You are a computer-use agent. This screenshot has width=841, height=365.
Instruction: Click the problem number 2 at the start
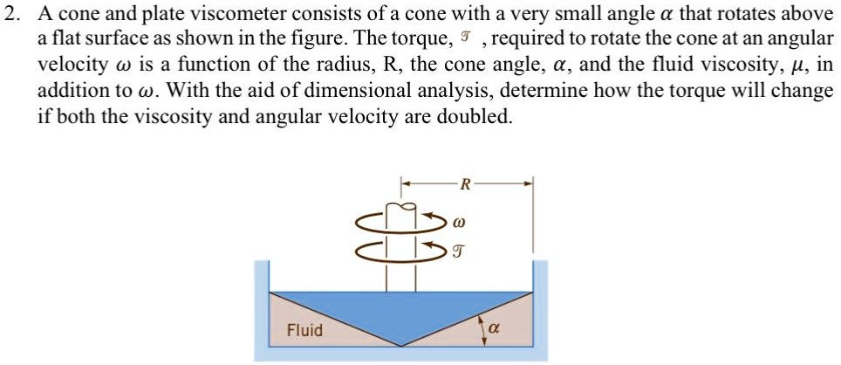pos(11,15)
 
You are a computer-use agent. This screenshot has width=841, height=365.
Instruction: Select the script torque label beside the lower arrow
pos(461,252)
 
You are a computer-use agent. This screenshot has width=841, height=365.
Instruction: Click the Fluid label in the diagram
pos(305,330)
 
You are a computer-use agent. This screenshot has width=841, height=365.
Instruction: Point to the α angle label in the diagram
pos(494,330)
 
